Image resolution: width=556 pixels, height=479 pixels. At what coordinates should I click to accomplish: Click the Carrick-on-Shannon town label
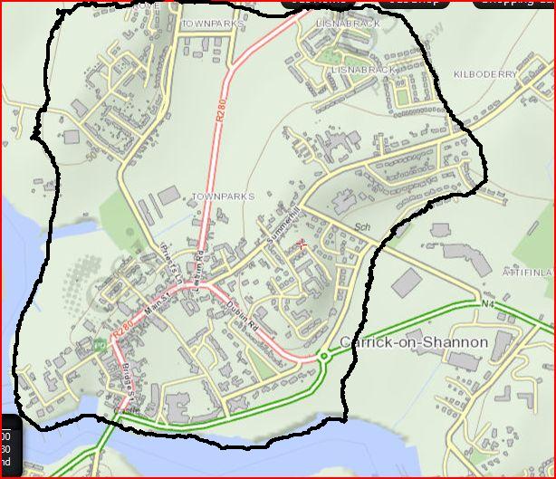pos(414,342)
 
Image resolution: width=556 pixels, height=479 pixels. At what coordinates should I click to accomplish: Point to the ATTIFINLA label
pos(529,271)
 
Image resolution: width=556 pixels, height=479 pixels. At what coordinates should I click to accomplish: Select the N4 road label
pos(487,304)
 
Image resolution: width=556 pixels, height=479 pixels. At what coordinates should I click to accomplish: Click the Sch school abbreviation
pos(364,227)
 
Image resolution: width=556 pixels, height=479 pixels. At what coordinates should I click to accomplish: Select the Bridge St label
pos(127,383)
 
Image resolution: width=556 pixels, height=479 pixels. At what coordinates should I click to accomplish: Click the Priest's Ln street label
pos(167,259)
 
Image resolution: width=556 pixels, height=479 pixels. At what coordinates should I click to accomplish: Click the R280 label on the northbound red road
pos(219,109)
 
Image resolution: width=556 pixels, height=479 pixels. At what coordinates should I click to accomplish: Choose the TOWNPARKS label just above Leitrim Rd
pos(223,196)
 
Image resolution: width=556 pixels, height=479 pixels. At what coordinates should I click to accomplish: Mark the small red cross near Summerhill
pos(302,243)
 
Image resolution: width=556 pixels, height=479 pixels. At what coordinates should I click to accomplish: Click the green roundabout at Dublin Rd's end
pos(324,358)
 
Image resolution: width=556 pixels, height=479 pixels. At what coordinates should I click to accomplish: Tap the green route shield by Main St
pos(97,345)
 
